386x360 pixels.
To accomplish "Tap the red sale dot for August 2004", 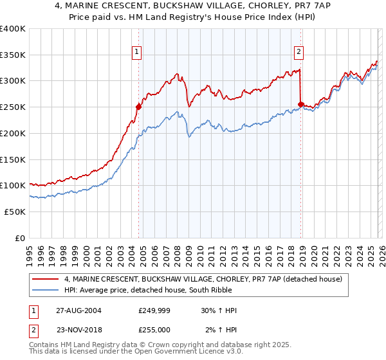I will point(138,107).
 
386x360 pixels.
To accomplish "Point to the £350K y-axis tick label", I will point(13,55).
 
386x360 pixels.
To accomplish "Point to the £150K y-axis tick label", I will point(13,159).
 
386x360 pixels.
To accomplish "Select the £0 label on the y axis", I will point(20,238).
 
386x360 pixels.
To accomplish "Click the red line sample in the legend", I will point(46,278).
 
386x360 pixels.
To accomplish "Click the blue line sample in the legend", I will point(46,290).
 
